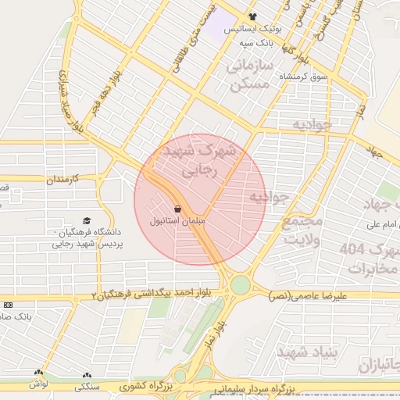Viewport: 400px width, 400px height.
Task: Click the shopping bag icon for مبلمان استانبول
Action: pyautogui.click(x=179, y=209)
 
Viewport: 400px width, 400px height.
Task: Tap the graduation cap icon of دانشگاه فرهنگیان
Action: pyautogui.click(x=87, y=221)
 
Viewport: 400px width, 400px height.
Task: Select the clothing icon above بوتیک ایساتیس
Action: pyautogui.click(x=252, y=16)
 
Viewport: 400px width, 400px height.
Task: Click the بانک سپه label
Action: pyautogui.click(x=255, y=42)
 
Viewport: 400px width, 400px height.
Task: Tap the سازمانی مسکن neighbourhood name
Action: pyautogui.click(x=250, y=75)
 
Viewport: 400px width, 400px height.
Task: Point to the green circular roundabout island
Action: pyautogui.click(x=240, y=285)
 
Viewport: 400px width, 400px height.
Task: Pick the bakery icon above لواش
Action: pyautogui.click(x=39, y=373)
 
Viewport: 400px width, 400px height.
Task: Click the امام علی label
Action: pyautogui.click(x=380, y=226)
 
